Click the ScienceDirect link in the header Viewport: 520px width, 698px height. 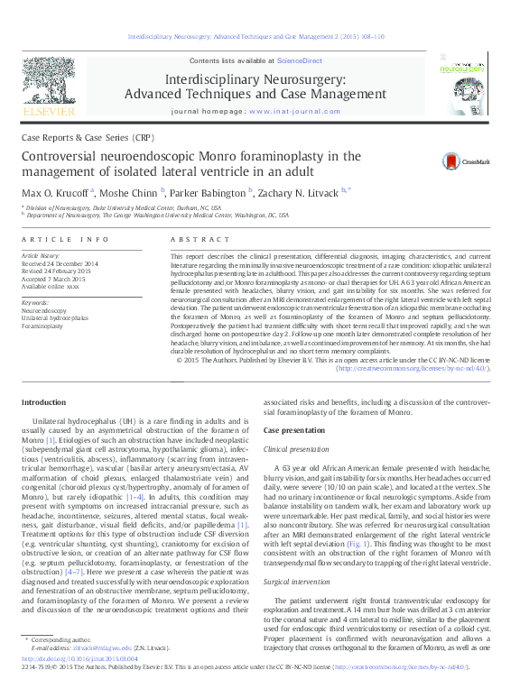pyautogui.click(x=300, y=60)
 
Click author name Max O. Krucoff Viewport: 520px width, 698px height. pyautogui.click(x=53, y=192)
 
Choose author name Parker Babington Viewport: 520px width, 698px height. pyautogui.click(x=209, y=192)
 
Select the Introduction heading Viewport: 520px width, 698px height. pyautogui.click(x=43, y=402)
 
